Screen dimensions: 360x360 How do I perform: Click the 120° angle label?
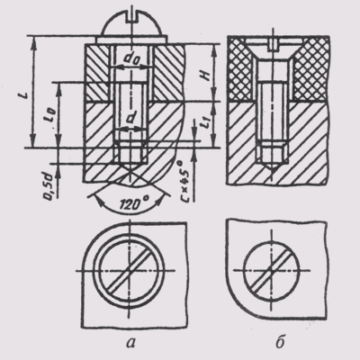click(x=130, y=205)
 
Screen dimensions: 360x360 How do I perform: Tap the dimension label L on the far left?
click(x=25, y=94)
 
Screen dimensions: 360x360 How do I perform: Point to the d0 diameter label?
click(x=130, y=61)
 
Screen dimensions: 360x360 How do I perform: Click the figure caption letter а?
click(x=130, y=342)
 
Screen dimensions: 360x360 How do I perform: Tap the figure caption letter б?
click(x=280, y=341)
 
